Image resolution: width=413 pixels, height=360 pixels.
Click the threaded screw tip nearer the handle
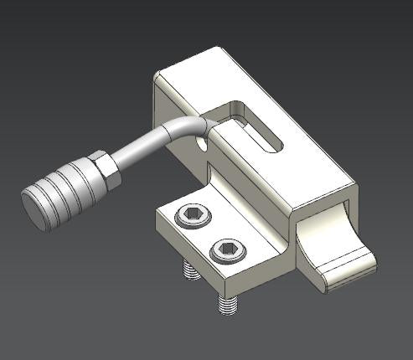coord(188,271)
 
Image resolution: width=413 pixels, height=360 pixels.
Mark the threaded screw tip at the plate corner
coord(225,304)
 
